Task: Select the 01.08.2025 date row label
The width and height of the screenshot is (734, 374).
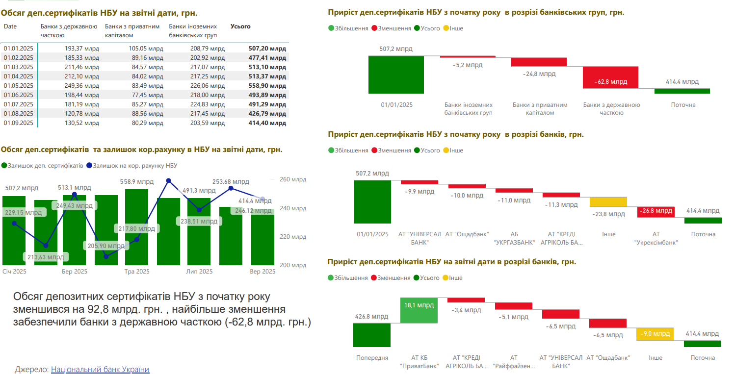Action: coord(18,114)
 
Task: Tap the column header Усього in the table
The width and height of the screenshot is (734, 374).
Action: coord(240,26)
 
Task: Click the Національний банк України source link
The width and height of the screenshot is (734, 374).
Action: coord(100,370)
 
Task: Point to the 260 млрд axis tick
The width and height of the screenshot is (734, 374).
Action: coord(292,180)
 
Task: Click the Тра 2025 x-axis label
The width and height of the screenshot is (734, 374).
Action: coord(137,272)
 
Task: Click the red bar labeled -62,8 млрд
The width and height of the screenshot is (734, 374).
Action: coord(610,77)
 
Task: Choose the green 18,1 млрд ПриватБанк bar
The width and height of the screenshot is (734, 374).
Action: coord(419,310)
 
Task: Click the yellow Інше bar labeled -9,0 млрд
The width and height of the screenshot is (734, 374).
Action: coord(655,334)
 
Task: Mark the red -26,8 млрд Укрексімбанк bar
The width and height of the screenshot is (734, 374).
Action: coord(656,212)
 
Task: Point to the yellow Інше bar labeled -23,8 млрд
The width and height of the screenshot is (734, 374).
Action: coord(608,201)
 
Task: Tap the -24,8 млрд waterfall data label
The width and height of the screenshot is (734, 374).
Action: coord(539,74)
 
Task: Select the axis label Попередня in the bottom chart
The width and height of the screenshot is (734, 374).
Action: coord(372,358)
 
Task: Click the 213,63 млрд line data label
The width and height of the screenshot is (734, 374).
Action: coord(46,256)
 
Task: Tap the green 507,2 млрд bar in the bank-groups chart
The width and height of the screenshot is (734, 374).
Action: coord(396,75)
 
